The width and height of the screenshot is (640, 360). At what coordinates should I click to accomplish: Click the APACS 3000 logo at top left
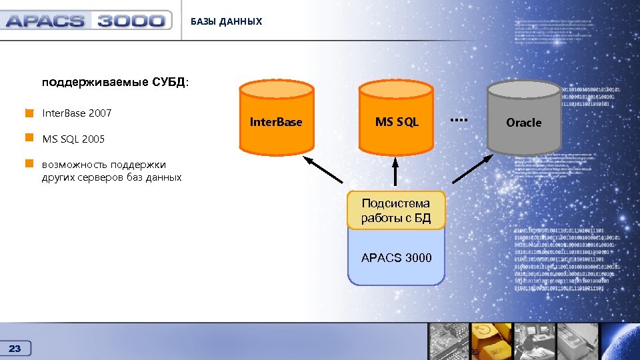point(85,21)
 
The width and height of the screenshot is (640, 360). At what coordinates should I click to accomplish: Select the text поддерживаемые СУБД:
point(115,83)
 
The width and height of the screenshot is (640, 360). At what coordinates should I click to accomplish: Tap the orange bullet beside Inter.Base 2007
point(29,113)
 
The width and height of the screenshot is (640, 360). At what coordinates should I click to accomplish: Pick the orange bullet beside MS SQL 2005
point(29,139)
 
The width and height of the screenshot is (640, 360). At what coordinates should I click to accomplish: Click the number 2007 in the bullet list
point(99,113)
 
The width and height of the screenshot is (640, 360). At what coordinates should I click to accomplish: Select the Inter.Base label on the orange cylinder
point(275,122)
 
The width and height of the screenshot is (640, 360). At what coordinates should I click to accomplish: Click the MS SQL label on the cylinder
point(397,122)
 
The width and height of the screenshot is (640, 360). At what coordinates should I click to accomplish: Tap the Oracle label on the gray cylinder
point(523,123)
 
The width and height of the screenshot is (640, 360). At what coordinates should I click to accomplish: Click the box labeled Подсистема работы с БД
point(396,211)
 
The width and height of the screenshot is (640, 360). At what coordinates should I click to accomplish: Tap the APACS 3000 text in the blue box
point(396,257)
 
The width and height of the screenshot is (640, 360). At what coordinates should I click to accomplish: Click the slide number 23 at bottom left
point(15,348)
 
